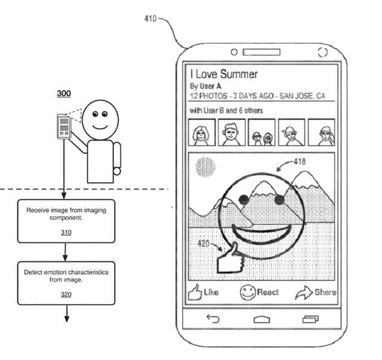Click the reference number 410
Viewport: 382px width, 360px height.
click(x=150, y=19)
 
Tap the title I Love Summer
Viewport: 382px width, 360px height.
click(x=224, y=74)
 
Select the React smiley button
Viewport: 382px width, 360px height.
click(x=259, y=293)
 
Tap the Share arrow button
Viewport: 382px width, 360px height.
click(x=315, y=293)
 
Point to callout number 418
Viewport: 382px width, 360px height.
click(x=299, y=162)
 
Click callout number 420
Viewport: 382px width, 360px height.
click(x=203, y=243)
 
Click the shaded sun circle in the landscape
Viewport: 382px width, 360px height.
click(x=205, y=167)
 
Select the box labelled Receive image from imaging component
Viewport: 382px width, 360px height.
click(x=66, y=221)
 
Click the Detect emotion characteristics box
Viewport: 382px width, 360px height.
click(x=66, y=283)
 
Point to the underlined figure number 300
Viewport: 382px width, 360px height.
click(x=64, y=93)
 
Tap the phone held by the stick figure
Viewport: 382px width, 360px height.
click(x=64, y=126)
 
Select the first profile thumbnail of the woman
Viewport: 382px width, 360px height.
click(x=201, y=132)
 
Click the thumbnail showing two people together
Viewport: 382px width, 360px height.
click(x=261, y=132)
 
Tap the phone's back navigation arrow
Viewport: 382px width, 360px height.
click(x=213, y=319)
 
